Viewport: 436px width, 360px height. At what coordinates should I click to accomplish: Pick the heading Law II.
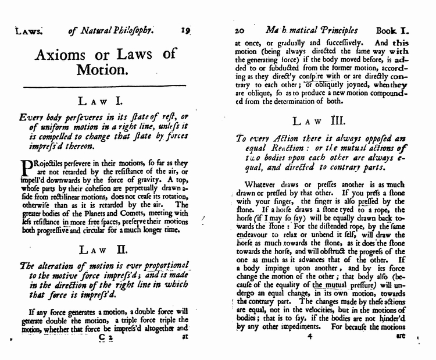click(x=106, y=249)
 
